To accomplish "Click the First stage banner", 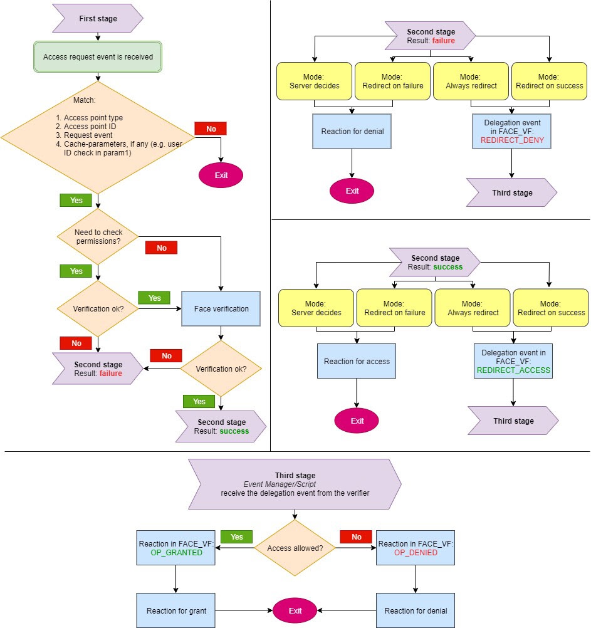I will click(x=98, y=19).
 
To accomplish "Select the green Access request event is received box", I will click(x=98, y=57).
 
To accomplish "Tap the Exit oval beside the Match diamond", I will click(x=221, y=175).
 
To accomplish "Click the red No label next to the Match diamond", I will click(x=211, y=128).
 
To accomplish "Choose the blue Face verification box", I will click(x=221, y=308).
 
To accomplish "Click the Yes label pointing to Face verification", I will click(x=155, y=298).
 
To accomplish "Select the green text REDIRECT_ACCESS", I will click(x=513, y=370).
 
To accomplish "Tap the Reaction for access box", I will click(x=357, y=361).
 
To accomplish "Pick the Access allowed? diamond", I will click(x=295, y=548).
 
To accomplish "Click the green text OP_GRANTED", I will click(x=176, y=553).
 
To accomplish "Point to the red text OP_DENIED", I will click(x=416, y=553).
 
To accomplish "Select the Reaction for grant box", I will click(x=176, y=610).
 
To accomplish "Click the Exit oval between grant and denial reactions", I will click(x=295, y=610).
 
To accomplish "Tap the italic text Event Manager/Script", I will click(x=295, y=484).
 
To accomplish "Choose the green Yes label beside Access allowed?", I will click(x=237, y=537).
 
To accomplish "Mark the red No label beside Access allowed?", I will click(x=356, y=537).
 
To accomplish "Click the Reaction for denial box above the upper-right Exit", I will click(x=352, y=131).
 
